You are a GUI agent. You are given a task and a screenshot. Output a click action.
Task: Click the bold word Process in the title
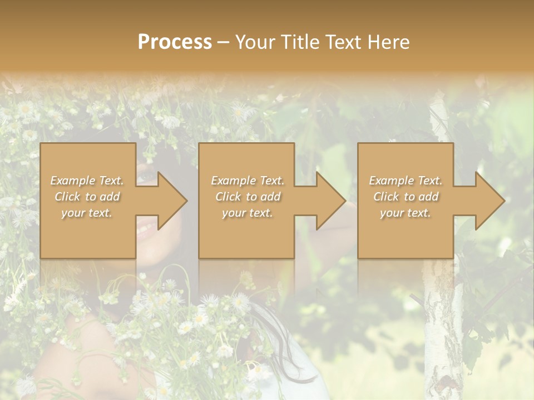(x=175, y=42)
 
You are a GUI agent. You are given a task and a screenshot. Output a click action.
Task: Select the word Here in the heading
(x=389, y=42)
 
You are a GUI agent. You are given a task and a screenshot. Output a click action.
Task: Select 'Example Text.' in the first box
(x=87, y=181)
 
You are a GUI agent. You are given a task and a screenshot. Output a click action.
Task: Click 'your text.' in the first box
(x=86, y=213)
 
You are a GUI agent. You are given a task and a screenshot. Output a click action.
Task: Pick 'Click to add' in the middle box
(x=248, y=197)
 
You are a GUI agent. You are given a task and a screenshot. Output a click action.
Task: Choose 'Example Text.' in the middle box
(x=248, y=181)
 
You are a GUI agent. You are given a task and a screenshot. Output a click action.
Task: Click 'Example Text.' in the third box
(x=406, y=181)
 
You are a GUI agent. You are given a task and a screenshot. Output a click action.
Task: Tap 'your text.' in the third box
(x=406, y=213)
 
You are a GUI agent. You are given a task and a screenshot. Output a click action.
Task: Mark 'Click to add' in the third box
(x=406, y=197)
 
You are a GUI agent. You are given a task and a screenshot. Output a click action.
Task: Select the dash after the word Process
(x=224, y=43)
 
